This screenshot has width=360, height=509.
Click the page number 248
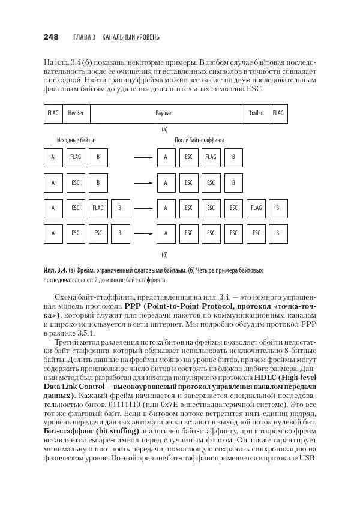coord(51,37)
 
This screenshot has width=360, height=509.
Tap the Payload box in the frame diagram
coord(163,113)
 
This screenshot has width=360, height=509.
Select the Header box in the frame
coord(76,113)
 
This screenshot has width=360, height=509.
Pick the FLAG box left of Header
coord(53,113)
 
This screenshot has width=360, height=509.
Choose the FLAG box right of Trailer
coord(278,113)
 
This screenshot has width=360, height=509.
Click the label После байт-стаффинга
coord(200,140)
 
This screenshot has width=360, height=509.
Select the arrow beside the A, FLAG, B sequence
coord(142,158)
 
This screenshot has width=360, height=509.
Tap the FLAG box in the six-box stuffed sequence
coord(256,208)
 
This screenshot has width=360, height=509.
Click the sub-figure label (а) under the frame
coord(164,129)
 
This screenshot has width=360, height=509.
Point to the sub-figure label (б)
coord(164,254)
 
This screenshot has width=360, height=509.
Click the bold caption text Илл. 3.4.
coord(55,271)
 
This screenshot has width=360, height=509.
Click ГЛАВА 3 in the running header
coord(84,38)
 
